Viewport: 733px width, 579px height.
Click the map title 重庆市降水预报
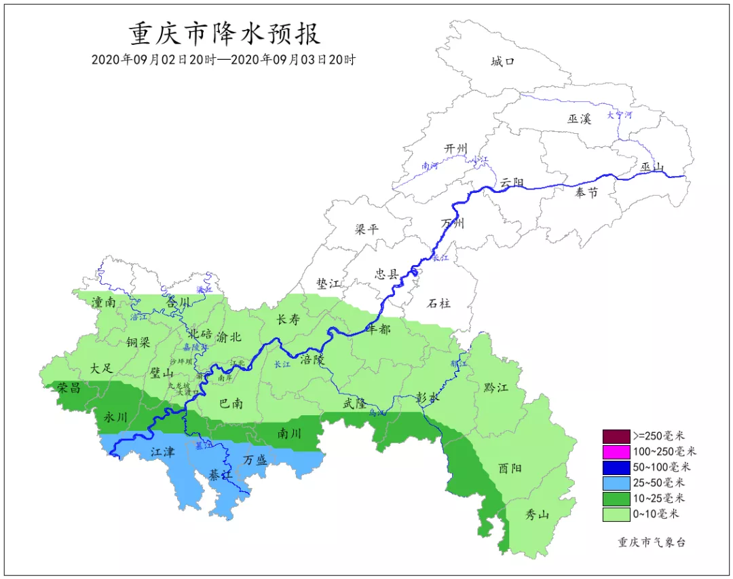[x=224, y=33]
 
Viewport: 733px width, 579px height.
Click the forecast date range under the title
[x=224, y=60]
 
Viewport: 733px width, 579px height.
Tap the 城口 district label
[x=503, y=62]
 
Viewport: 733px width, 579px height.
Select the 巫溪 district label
[x=579, y=118]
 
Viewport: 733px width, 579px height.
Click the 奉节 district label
[x=586, y=193]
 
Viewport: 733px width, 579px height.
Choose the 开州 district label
[x=456, y=149]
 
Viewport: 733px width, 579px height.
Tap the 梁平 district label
[x=366, y=229]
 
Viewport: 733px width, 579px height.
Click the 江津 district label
[x=162, y=451]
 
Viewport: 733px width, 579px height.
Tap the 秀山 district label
[x=538, y=514]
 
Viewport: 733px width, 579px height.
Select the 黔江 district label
[x=495, y=387]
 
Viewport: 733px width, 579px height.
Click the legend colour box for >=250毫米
[x=616, y=436]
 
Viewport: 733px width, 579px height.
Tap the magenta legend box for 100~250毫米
[x=616, y=451]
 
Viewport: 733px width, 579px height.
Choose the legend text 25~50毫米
[x=659, y=482]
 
